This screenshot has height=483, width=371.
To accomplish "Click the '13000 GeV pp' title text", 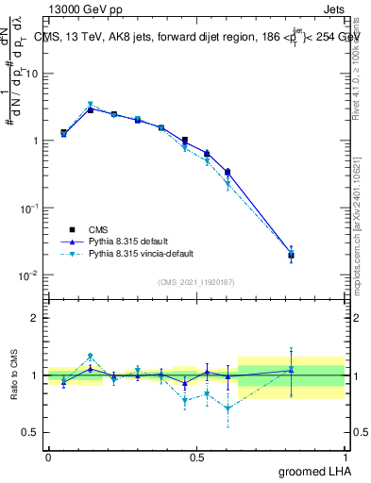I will point(82,8).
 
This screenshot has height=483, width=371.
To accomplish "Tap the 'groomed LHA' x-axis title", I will point(315,473).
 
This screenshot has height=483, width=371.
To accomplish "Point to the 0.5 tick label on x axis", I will point(196,458).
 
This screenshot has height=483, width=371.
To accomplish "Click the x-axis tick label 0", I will point(48,458).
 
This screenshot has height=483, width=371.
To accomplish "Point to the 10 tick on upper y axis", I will point(33,73).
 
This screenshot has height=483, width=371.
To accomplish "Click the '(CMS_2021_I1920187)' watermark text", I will point(196,281).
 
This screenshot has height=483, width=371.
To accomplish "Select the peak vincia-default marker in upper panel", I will point(91,104).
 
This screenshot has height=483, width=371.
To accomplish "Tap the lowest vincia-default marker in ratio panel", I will point(228,408).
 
